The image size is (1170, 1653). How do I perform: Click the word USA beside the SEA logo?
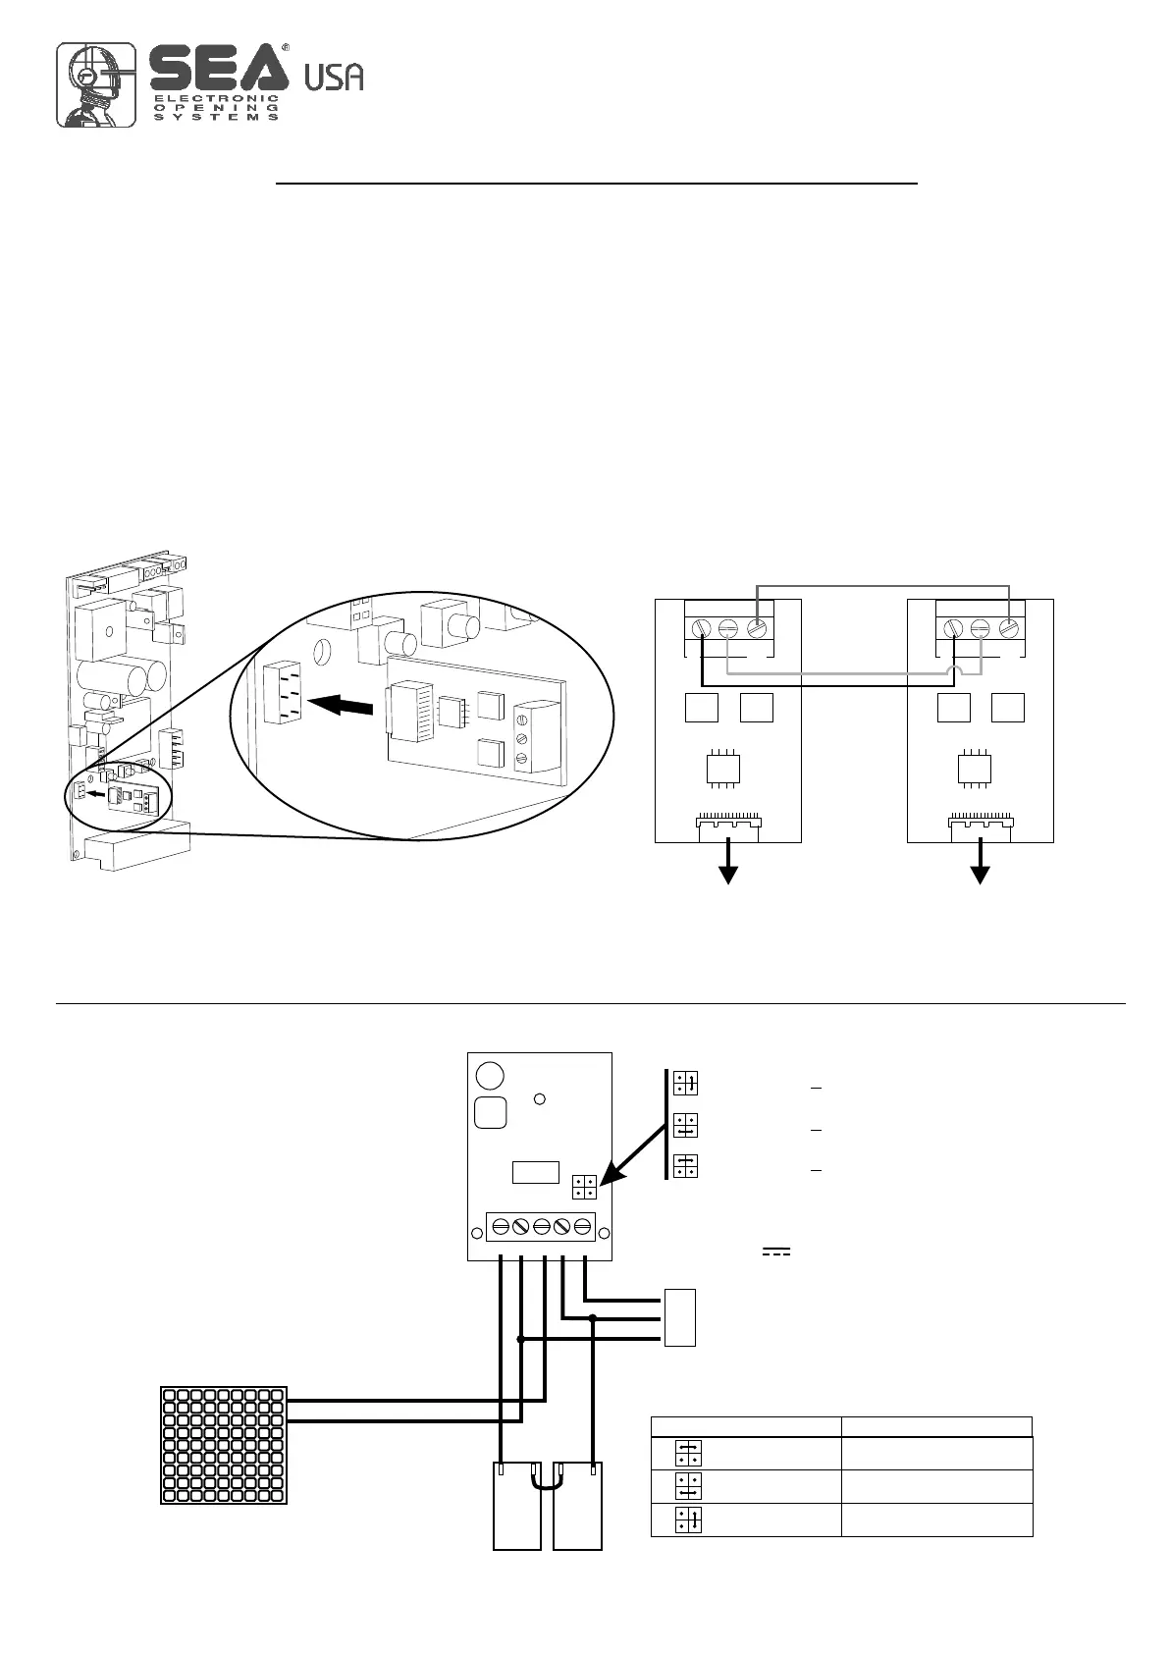click(x=334, y=77)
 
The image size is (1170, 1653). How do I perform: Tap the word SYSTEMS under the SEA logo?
click(x=215, y=117)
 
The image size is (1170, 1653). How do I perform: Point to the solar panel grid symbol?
click(x=224, y=1444)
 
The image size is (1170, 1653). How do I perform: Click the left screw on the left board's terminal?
click(x=703, y=628)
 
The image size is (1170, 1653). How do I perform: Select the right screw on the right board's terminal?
click(x=1009, y=628)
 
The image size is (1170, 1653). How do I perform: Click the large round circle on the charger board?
click(x=489, y=1075)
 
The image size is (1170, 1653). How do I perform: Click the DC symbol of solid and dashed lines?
click(x=776, y=1252)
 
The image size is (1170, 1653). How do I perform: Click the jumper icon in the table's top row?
click(x=687, y=1453)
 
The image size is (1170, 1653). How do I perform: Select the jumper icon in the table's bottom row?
click(x=687, y=1520)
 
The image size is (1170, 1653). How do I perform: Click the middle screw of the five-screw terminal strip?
click(x=541, y=1226)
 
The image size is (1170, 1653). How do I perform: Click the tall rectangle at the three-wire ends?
click(x=680, y=1316)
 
